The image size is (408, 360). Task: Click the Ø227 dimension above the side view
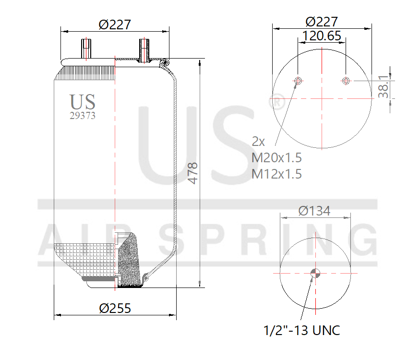pyautogui.click(x=115, y=24)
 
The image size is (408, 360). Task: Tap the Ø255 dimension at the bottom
pyautogui.click(x=115, y=308)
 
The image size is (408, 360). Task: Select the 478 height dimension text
pyautogui.click(x=193, y=173)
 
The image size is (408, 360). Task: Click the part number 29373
pyautogui.click(x=83, y=115)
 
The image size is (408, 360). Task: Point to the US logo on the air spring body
pyautogui.click(x=83, y=102)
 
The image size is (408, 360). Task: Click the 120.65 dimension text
pyautogui.click(x=322, y=36)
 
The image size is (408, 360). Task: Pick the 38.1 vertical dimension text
pyautogui.click(x=383, y=86)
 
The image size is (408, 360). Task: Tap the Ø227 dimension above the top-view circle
pyautogui.click(x=322, y=22)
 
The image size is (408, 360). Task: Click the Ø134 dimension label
pyautogui.click(x=314, y=211)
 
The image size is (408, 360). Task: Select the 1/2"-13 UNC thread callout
pyautogui.click(x=302, y=330)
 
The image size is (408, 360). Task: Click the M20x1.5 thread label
pyautogui.click(x=277, y=157)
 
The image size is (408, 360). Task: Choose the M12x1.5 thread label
pyautogui.click(x=277, y=173)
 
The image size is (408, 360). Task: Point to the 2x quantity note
pyautogui.click(x=259, y=142)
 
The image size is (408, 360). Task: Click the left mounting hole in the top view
pyautogui.click(x=299, y=80)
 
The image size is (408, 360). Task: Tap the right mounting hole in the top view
pyautogui.click(x=346, y=80)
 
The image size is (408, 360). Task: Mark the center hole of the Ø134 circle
pyautogui.click(x=315, y=274)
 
